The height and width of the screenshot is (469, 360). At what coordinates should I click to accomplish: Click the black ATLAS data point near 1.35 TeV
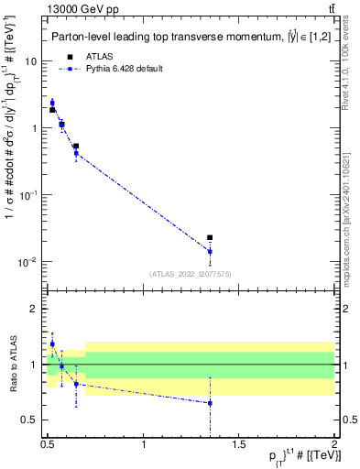point(210,237)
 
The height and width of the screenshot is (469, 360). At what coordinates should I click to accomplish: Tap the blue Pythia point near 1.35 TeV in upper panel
point(210,251)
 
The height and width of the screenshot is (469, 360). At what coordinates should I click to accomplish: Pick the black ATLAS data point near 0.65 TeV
point(76,146)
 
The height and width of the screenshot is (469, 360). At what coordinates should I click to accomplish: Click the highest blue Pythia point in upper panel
point(52,103)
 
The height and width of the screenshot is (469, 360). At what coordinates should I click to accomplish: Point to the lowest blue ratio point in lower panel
point(210,402)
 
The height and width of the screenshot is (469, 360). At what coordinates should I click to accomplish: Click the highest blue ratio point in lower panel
point(52,344)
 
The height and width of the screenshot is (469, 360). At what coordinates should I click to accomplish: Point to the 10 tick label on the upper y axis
point(30,60)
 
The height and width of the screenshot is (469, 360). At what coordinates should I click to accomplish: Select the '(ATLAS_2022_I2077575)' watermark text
point(191,273)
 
